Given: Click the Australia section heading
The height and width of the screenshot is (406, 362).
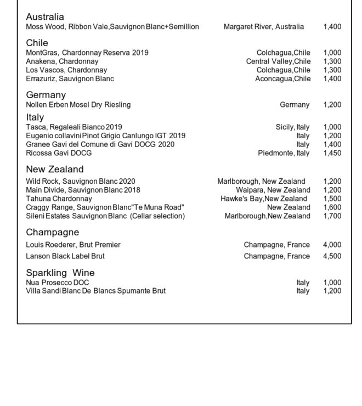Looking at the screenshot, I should pos(45,17).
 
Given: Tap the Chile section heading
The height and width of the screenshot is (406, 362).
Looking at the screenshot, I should pos(37,43).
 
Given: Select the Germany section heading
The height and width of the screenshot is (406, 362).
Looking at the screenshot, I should pos(46,95).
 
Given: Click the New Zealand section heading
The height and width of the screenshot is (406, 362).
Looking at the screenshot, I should pos(55,169).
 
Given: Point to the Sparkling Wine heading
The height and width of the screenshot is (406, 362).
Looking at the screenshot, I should pos(60,273).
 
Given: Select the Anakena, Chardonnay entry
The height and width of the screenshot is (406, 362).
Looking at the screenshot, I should pos(62,61).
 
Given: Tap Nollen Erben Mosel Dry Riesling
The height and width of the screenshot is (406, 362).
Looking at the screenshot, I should pos(78,104).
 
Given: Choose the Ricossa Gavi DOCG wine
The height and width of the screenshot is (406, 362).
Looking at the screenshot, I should pos(59,153).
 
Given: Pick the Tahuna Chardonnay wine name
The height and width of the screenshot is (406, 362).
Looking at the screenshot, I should pos(59,199).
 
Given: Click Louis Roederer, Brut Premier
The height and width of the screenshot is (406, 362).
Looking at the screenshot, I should pos(73,245).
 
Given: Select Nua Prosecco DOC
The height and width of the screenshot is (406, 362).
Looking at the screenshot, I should pos(58,283).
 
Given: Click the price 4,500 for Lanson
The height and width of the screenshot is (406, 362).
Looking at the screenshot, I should pos(332,256).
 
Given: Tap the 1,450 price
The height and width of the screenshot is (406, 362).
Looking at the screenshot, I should pos(332,153).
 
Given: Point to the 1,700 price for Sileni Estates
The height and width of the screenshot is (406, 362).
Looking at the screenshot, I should pos(332,216).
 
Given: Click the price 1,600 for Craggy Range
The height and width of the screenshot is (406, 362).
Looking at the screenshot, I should pos(332,207).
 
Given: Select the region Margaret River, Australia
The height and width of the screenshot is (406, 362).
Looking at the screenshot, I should pos(263,26).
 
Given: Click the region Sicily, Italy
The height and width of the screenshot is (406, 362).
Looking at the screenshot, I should pos(292,127).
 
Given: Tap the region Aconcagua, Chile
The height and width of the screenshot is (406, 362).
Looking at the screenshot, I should pos(282,78).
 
